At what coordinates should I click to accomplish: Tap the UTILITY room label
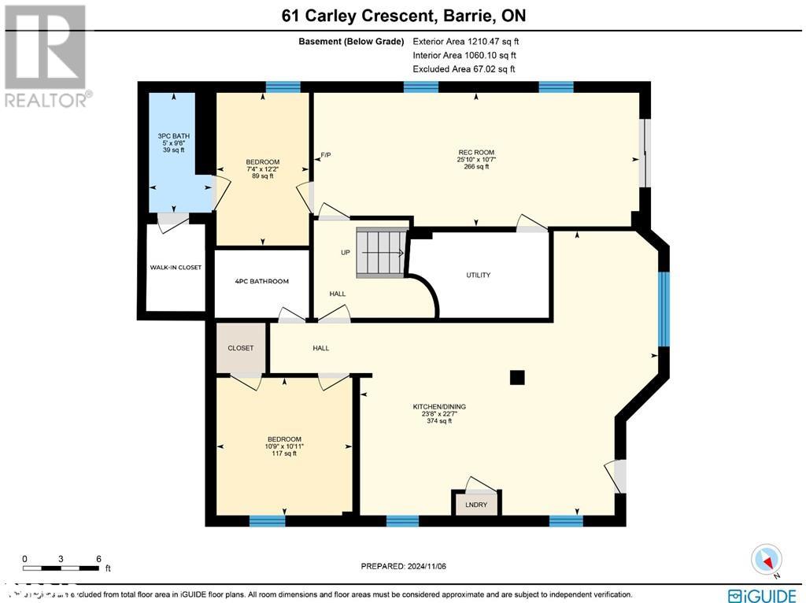[478, 275]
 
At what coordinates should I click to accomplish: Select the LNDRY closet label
[477, 505]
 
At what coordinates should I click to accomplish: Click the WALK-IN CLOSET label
[176, 268]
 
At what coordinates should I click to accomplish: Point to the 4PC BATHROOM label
[261, 281]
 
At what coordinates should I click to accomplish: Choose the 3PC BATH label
[173, 136]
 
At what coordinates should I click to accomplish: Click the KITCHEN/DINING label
[439, 407]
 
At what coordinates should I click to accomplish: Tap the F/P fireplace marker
[325, 155]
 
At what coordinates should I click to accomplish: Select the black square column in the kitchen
[517, 378]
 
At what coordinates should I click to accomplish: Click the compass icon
[766, 559]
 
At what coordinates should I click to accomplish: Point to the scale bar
[61, 567]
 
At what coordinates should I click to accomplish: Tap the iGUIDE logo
[762, 595]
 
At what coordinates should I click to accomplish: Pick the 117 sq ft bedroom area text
[283, 453]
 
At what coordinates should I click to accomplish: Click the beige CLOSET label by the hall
[241, 348]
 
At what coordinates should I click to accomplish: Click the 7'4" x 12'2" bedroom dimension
[262, 169]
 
